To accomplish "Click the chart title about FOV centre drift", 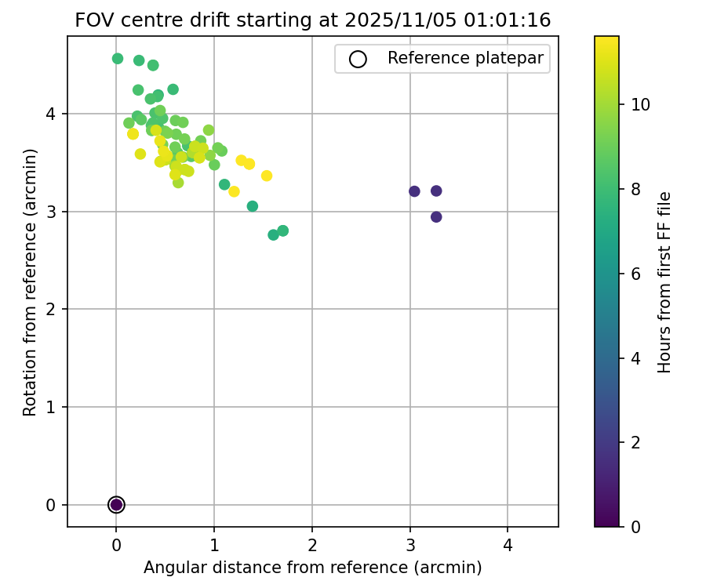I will [x=312, y=20].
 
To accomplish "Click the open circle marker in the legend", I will [x=358, y=59].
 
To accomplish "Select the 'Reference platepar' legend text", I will [x=464, y=59].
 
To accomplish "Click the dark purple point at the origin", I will [x=116, y=505].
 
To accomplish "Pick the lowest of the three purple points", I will [x=436, y=217].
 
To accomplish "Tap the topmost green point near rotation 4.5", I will [x=118, y=59].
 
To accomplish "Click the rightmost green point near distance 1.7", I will [x=283, y=230].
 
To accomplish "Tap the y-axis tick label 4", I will [x=51, y=114].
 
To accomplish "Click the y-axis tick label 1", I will [x=51, y=408].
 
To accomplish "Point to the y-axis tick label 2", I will [x=51, y=310].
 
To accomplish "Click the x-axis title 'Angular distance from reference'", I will [x=312, y=567].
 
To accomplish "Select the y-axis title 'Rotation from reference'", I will [x=30, y=281].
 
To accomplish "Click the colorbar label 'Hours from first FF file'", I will [x=664, y=281].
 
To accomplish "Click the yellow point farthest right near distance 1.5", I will [x=267, y=176].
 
